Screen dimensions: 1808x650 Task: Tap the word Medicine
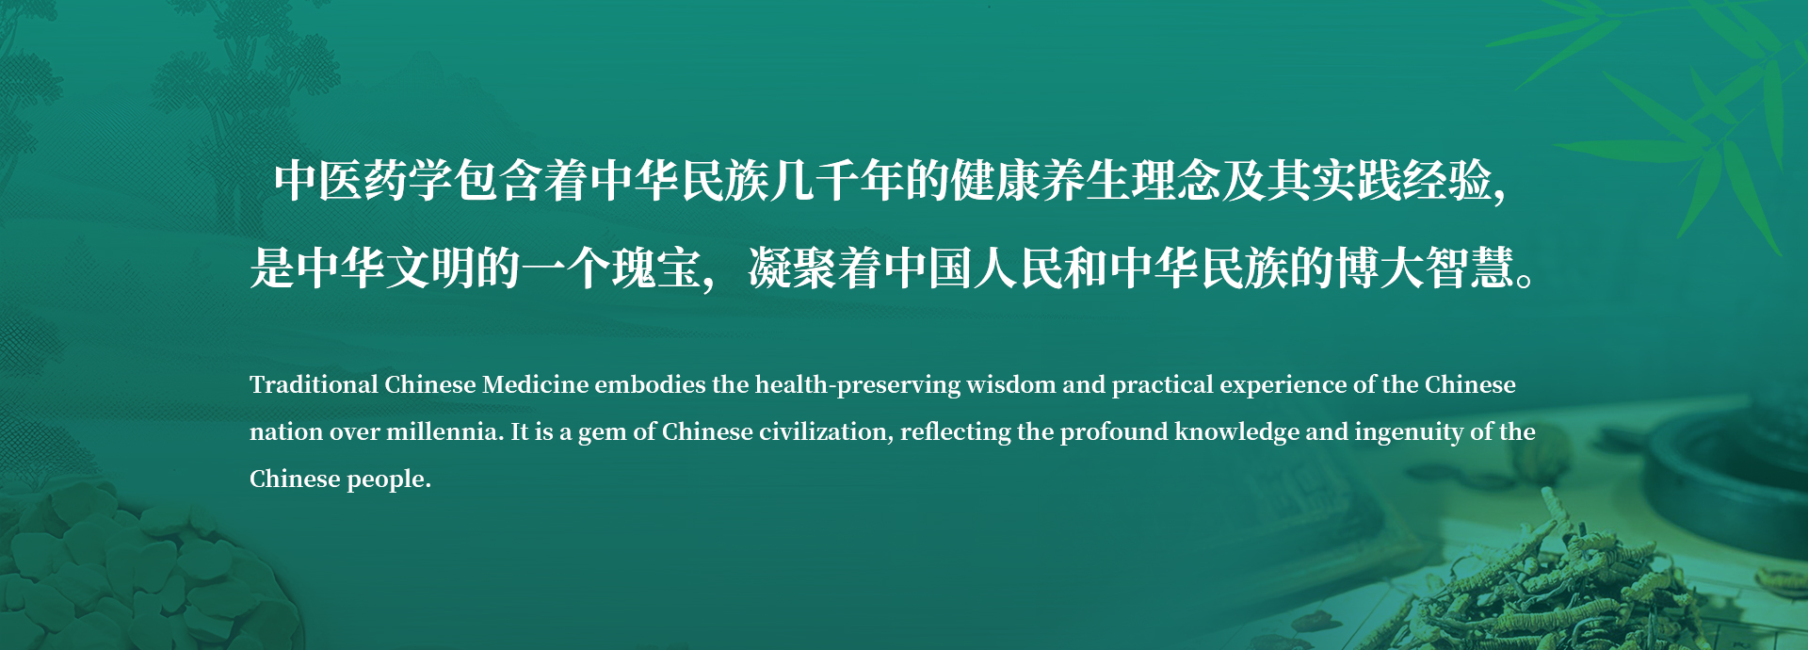535,384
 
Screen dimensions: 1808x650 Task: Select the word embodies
650,384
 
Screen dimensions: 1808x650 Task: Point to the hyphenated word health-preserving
858,385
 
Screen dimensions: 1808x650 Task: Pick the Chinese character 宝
679,268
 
